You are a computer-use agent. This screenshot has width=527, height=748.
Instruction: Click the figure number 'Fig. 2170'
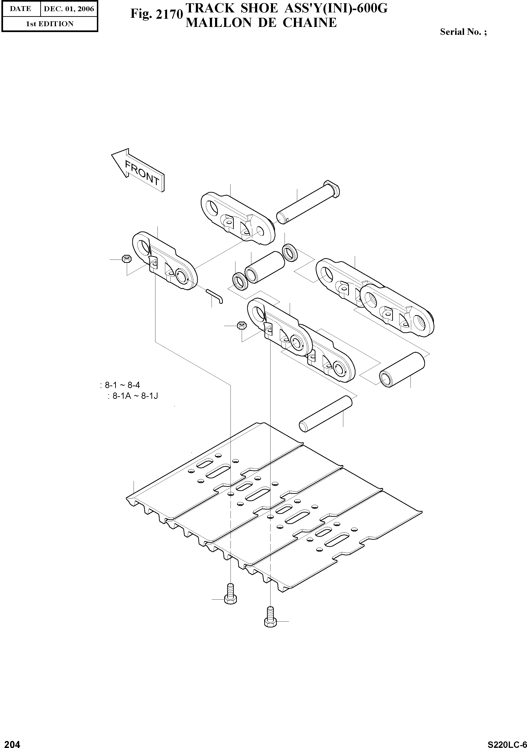click(156, 14)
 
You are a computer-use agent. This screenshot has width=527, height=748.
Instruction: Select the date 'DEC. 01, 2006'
click(69, 9)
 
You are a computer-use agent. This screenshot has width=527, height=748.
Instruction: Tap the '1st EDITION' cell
click(50, 24)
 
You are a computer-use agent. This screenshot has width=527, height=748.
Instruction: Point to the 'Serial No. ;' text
click(463, 32)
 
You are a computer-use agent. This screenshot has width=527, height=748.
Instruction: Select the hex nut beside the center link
click(241, 325)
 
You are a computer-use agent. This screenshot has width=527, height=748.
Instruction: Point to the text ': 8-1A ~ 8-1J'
click(133, 396)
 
